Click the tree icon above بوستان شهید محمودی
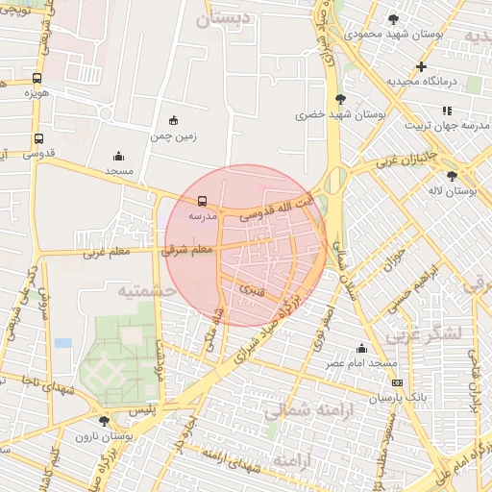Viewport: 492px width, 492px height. [392, 19]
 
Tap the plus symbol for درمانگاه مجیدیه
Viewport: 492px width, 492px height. [421, 66]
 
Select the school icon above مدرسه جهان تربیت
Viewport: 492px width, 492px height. [447, 111]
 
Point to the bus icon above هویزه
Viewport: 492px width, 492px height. [37, 79]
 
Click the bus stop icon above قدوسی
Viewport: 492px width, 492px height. [38, 138]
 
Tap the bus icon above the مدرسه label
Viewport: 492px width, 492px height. [202, 202]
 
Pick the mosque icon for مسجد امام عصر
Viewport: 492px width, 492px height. [361, 348]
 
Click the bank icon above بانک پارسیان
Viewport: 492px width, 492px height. [398, 382]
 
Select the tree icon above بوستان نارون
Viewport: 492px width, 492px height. [105, 421]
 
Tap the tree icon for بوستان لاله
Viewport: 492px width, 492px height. [452, 176]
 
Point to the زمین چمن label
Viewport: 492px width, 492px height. [173, 136]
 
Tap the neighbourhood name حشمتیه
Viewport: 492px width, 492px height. [146, 289]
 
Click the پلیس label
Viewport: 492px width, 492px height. [141, 409]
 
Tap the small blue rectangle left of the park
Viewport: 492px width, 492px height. [63, 343]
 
